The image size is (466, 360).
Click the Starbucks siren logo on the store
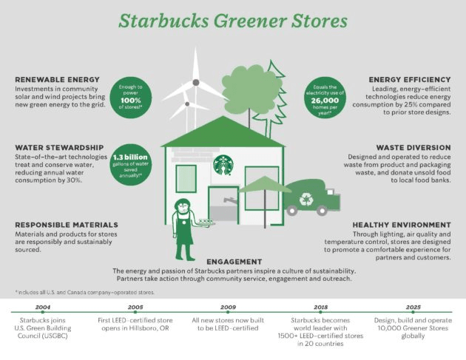coord(223,165)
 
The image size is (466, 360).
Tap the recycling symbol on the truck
coord(305,199)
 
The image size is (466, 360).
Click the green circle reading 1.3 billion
coord(130,165)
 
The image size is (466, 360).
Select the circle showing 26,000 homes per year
coord(325,98)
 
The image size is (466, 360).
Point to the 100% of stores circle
coord(130,98)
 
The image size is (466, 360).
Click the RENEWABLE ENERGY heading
coord(58,80)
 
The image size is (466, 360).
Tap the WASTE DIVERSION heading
coord(413,148)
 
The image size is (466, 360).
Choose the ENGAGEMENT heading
coord(234,262)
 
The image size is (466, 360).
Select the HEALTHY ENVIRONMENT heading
coord(402,225)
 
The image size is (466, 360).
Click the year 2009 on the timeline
coord(228,307)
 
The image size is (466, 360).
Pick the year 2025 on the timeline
coord(413,307)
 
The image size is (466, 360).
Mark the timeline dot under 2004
coord(43,312)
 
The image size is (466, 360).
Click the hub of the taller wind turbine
coord(196,82)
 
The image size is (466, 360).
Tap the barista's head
coord(182,206)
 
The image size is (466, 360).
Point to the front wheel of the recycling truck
coord(323,211)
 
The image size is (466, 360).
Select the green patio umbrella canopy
coord(265,184)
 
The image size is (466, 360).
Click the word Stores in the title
coord(320,21)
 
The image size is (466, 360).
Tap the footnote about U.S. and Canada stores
coord(85,292)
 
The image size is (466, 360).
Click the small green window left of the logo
coord(186,179)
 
